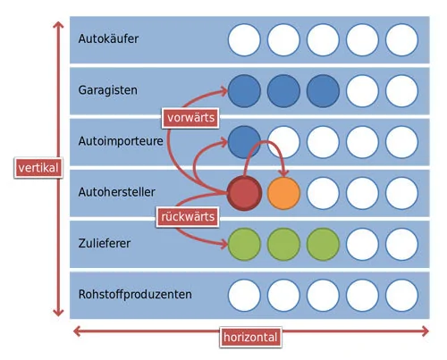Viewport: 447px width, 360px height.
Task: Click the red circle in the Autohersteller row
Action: (x=244, y=193)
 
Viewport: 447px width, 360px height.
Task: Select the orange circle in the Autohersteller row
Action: (x=283, y=193)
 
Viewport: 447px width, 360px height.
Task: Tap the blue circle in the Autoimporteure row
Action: (x=244, y=142)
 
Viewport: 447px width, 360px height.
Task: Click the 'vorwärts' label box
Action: (x=190, y=118)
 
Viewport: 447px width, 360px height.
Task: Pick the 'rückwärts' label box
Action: (x=188, y=217)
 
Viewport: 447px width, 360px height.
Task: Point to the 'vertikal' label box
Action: (x=38, y=168)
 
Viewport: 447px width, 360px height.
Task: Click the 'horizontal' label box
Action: (x=250, y=337)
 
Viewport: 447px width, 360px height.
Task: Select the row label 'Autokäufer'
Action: (x=108, y=38)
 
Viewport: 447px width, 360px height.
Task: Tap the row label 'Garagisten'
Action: (x=108, y=90)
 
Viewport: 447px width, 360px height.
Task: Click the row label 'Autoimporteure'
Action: (x=121, y=141)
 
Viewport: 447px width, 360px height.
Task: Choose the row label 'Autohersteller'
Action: (x=116, y=192)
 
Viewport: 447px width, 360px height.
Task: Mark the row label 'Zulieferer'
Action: (x=105, y=243)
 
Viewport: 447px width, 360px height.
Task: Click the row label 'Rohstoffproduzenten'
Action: (x=135, y=294)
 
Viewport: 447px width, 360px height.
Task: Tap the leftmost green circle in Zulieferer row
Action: (x=244, y=244)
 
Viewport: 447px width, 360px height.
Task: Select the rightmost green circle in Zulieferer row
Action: (x=323, y=244)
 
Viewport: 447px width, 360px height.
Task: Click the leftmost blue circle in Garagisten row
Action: (x=244, y=91)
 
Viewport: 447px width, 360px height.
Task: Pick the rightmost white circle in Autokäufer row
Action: (x=401, y=40)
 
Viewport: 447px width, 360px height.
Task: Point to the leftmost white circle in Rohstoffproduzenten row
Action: (x=244, y=296)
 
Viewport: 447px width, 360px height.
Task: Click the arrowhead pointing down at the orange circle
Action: (x=284, y=173)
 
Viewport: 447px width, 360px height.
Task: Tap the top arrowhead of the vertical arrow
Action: (x=58, y=24)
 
